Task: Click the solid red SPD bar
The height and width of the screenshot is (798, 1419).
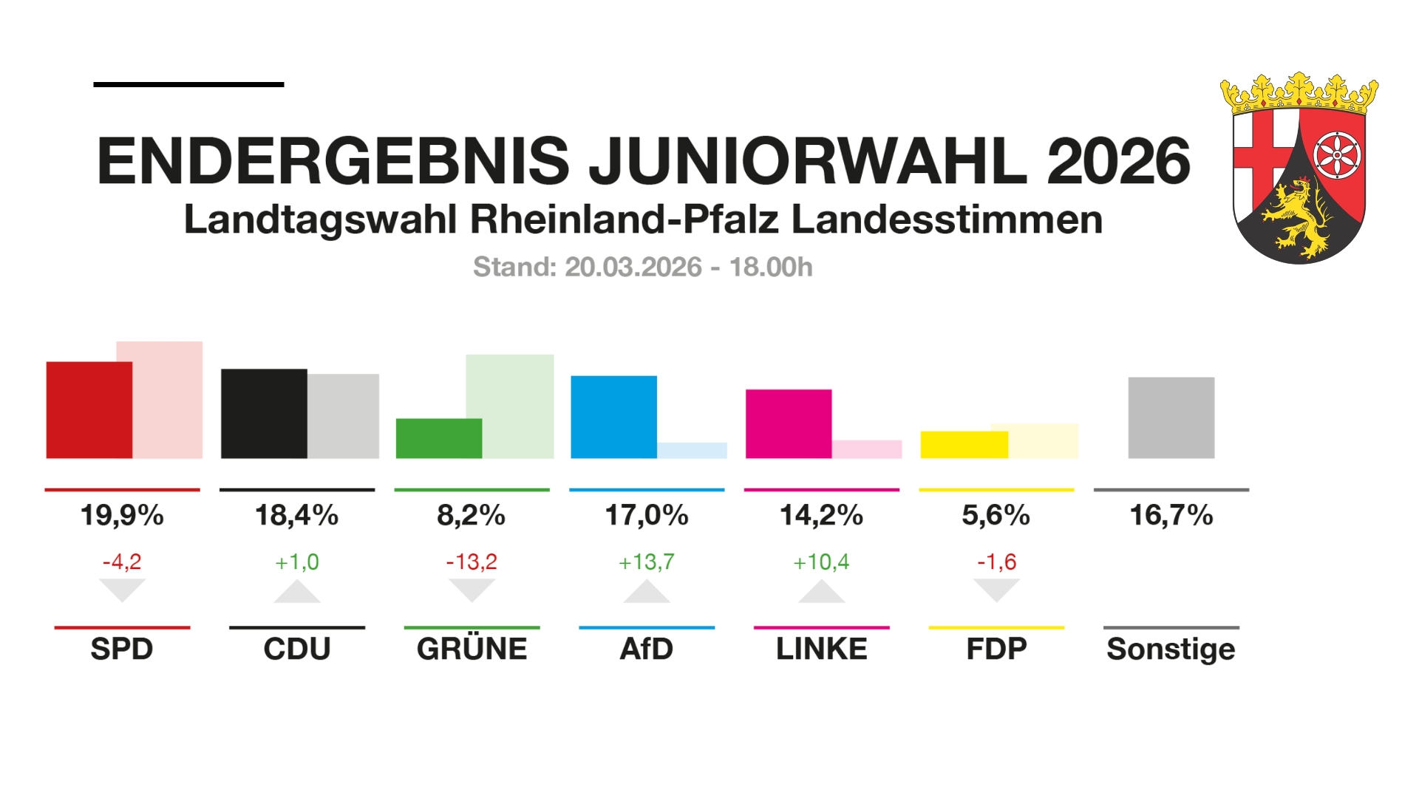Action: (89, 410)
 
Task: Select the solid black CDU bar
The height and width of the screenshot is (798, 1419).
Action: (264, 414)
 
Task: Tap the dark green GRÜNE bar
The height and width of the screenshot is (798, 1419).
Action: (438, 438)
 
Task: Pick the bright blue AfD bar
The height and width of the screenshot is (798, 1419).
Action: (613, 417)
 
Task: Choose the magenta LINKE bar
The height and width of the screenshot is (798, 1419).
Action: (789, 423)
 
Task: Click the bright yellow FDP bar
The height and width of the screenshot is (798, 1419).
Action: (964, 445)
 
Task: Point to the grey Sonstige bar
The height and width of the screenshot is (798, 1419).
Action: (1171, 417)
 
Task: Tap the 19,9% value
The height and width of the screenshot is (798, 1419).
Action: (122, 515)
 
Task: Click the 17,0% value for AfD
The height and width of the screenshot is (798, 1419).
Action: (647, 515)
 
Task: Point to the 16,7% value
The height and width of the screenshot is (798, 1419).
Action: (1171, 515)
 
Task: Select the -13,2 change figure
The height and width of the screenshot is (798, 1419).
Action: (472, 562)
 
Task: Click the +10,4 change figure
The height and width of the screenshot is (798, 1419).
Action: (821, 562)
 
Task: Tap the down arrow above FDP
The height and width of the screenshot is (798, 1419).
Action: (996, 590)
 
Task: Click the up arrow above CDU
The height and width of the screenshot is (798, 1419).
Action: (297, 593)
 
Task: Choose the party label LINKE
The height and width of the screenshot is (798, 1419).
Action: (821, 649)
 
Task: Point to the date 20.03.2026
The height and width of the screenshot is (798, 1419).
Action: (633, 267)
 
